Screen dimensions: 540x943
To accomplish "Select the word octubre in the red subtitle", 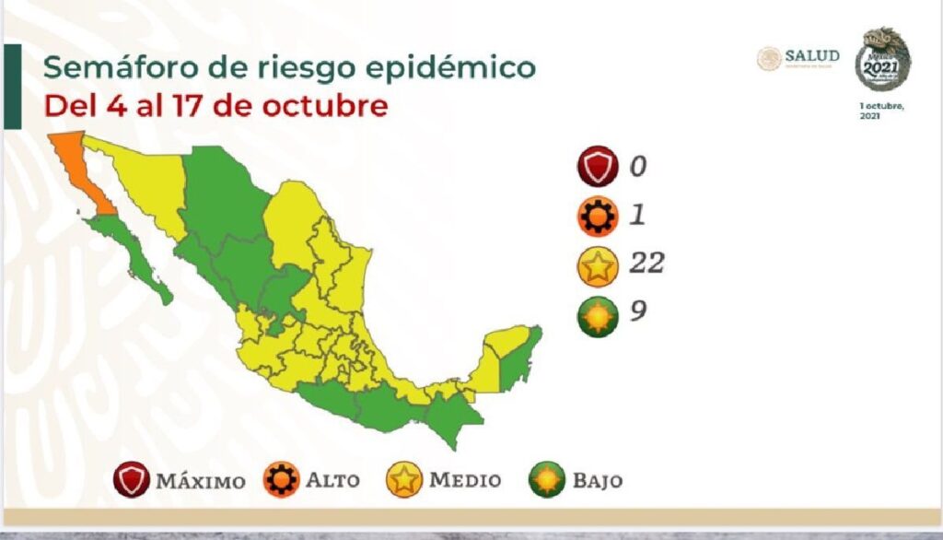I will [x=323, y=106].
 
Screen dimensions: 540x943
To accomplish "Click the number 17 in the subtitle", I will [x=196, y=106].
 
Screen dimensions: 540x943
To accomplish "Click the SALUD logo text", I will [x=811, y=56].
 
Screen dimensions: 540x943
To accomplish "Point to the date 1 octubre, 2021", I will [x=882, y=112].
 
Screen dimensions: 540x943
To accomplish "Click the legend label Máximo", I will [x=200, y=481].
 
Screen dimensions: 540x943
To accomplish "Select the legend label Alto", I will [x=334, y=481].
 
